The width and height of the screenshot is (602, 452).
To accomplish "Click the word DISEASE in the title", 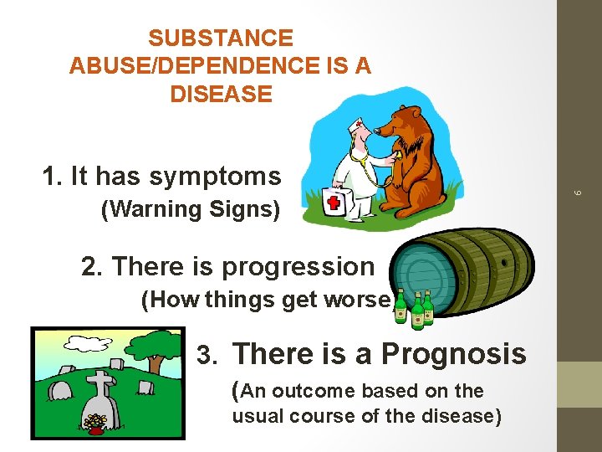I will coord(221,94).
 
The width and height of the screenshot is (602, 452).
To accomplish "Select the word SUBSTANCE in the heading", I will coord(221,39).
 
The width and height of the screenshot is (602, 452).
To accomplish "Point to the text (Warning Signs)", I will coord(190,209).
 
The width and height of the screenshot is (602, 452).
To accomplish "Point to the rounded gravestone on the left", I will coord(61,390).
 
